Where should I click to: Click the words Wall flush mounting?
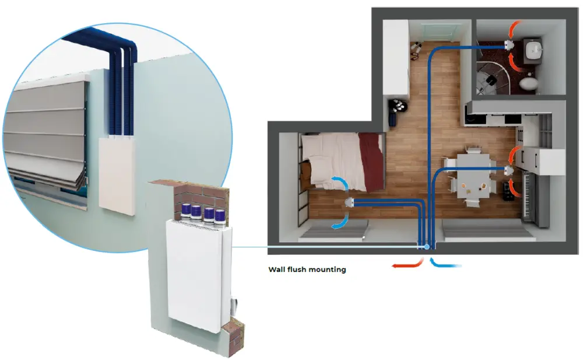[307, 270]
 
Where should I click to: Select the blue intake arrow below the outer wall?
[446, 264]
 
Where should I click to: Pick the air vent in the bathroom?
[508, 44]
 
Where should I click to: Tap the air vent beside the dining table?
[508, 170]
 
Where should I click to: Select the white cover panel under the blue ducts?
[117, 172]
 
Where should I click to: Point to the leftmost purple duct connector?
[185, 211]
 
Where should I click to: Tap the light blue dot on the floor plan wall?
[426, 247]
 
